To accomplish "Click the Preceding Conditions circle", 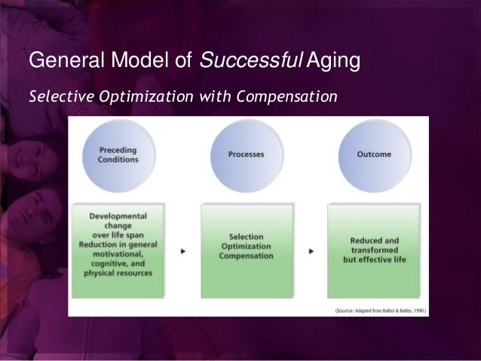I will pos(118,154).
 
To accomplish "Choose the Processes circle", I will pos(246,154).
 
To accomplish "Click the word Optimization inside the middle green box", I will pos(246,246).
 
